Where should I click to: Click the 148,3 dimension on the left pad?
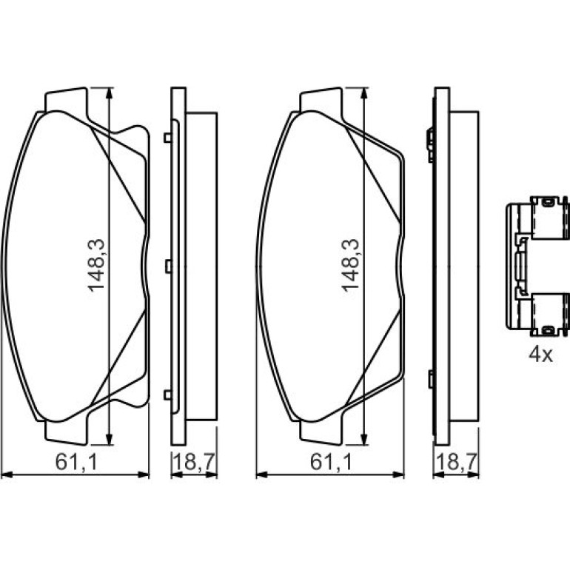(96, 265)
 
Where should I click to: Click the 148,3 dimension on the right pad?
(350, 265)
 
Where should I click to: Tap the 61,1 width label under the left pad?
(77, 463)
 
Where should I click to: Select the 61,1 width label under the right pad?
(331, 463)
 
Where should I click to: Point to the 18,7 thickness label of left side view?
(195, 463)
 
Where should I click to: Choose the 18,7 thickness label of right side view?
(456, 463)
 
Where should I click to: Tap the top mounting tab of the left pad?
(66, 100)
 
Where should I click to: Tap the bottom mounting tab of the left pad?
(66, 432)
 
